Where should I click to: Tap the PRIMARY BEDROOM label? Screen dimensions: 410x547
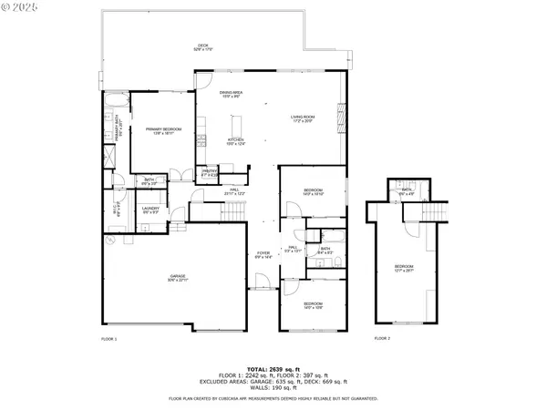(x=164, y=130)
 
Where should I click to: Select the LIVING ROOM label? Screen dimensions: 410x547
(x=303, y=118)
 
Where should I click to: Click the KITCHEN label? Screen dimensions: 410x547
(x=236, y=141)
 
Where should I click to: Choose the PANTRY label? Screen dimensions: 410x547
(x=210, y=171)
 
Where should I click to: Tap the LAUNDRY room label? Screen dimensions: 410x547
(x=150, y=210)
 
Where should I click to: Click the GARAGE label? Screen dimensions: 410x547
(x=178, y=279)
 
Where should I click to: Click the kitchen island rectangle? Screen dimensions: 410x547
(x=240, y=124)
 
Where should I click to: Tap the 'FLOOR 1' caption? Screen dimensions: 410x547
(x=109, y=338)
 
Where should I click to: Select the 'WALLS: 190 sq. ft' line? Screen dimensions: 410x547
(x=273, y=386)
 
